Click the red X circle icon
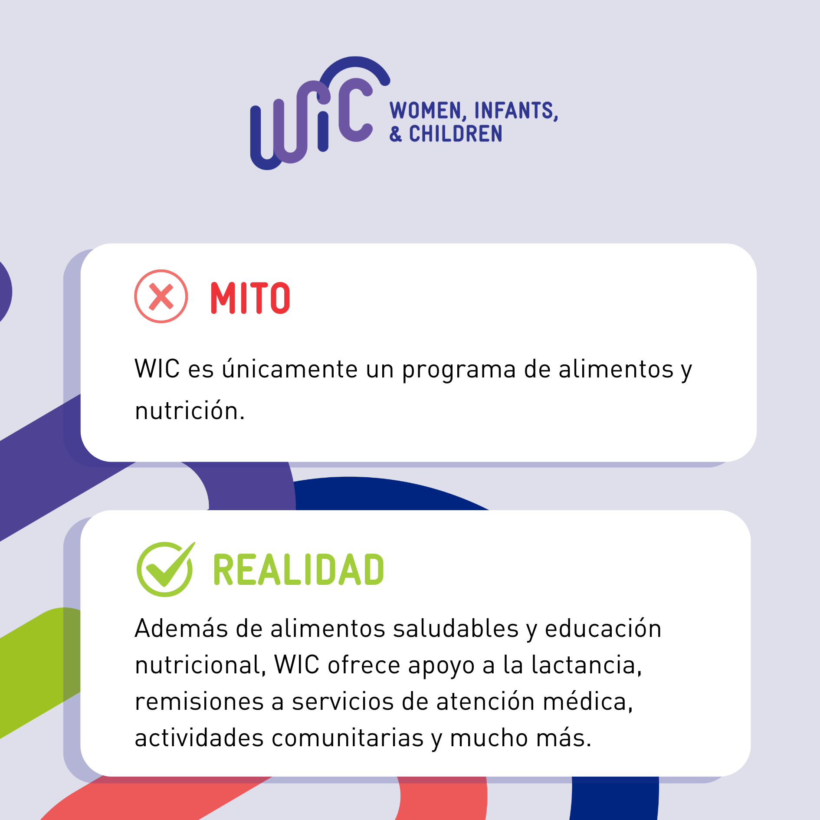[x=161, y=296]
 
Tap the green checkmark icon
[x=165, y=569]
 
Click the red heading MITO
[x=250, y=298]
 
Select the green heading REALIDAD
[x=298, y=570]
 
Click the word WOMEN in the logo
[x=427, y=111]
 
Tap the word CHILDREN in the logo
[x=456, y=134]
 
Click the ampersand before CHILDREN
[x=395, y=134]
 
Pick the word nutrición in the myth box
[x=190, y=410]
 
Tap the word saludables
[x=456, y=628]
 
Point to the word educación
[x=603, y=628]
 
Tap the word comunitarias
[x=348, y=738]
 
